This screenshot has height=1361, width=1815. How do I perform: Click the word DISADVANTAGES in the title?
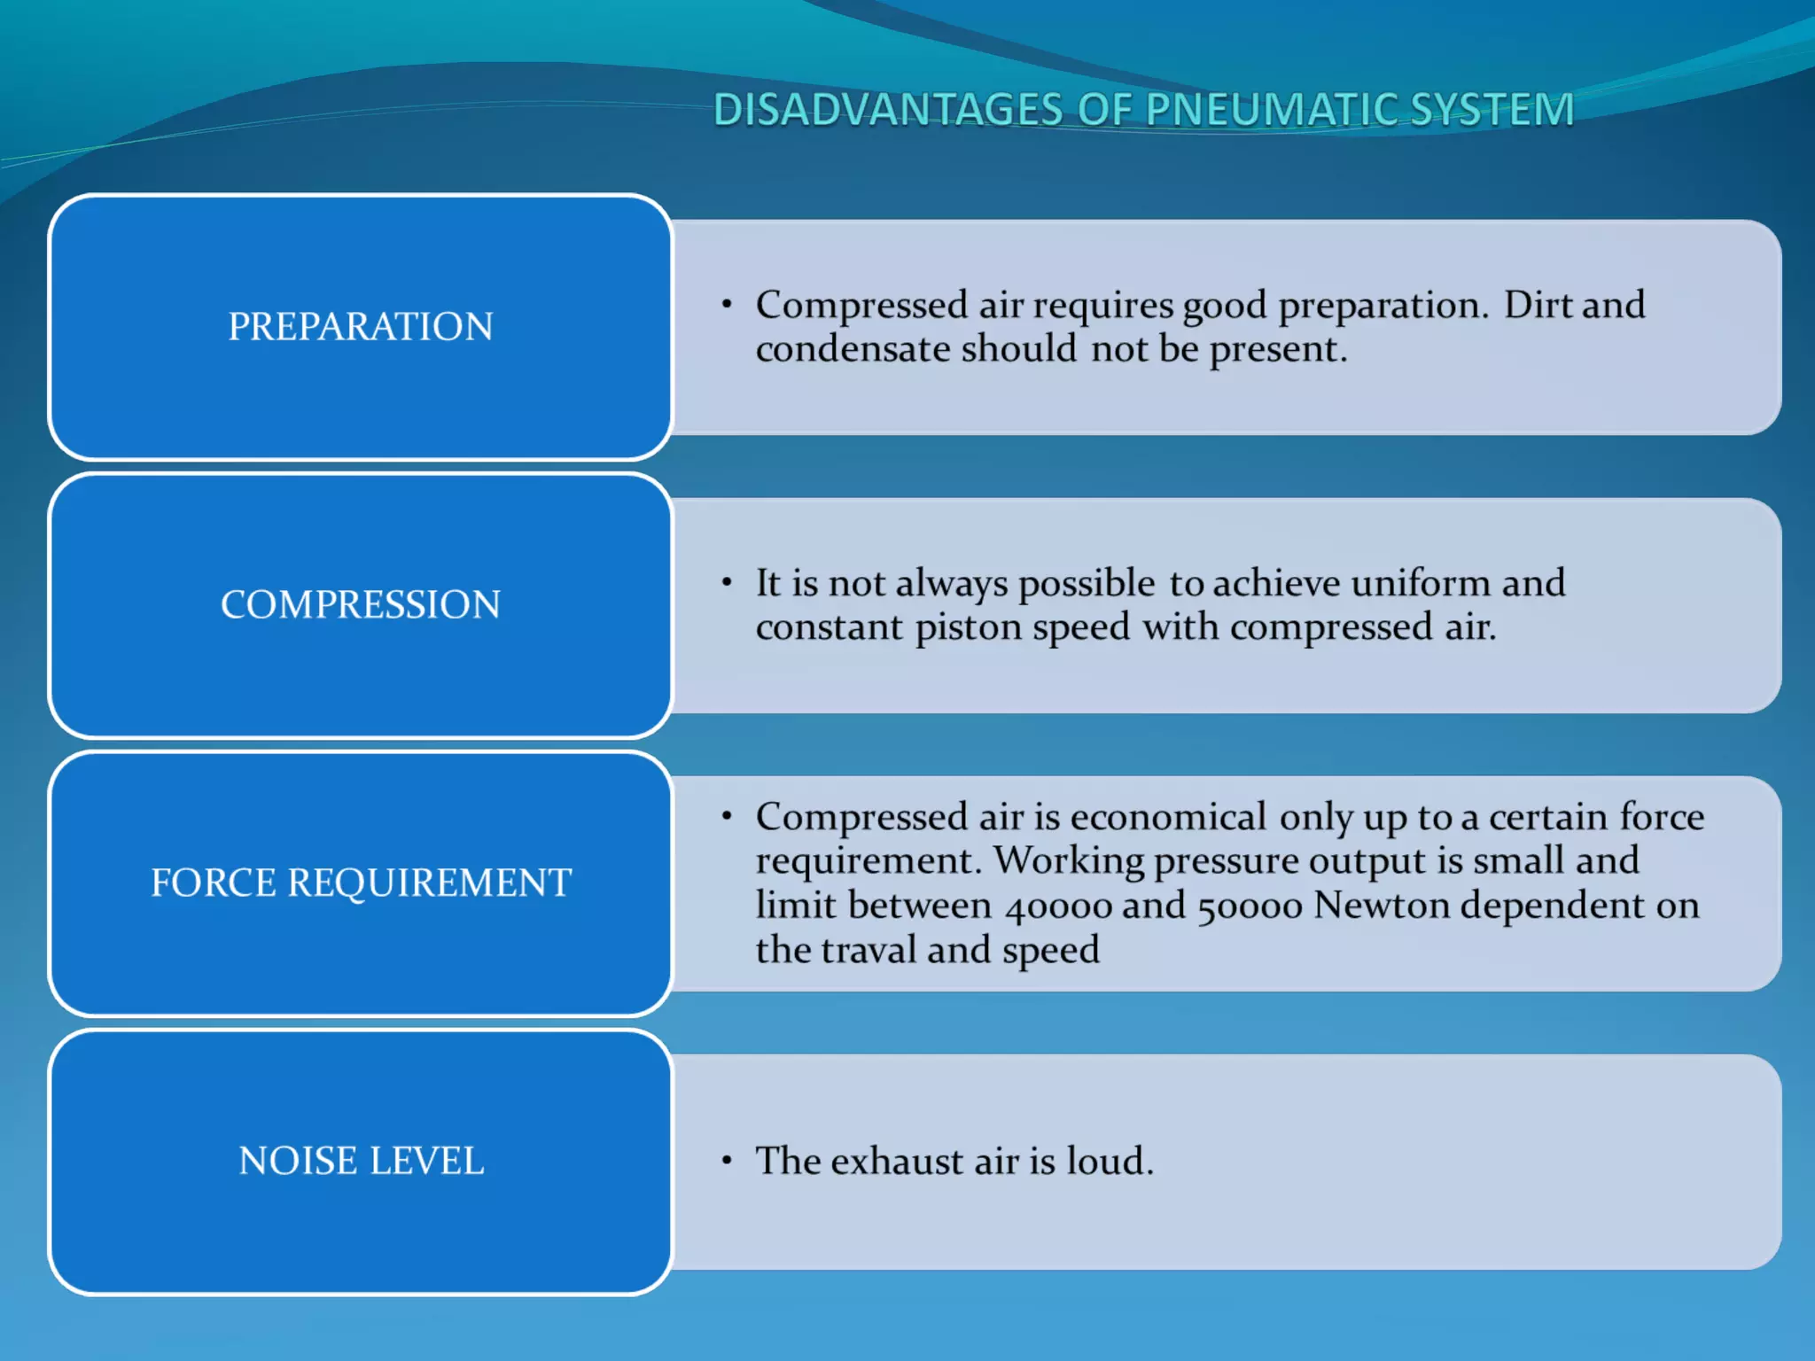pyautogui.click(x=887, y=111)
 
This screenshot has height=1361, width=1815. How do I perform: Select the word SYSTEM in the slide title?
pyautogui.click(x=1491, y=111)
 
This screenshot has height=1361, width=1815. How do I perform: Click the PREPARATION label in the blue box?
pyautogui.click(x=361, y=327)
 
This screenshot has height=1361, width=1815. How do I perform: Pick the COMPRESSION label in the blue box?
pyautogui.click(x=361, y=605)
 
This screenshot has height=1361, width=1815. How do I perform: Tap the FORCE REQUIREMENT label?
pyautogui.click(x=361, y=883)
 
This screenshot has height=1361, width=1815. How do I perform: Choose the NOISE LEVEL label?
pyautogui.click(x=361, y=1162)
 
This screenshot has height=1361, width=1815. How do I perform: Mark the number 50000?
pyautogui.click(x=1249, y=906)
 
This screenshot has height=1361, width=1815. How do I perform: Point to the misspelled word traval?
pyautogui.click(x=869, y=951)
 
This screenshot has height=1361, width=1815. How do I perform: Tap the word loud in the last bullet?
pyautogui.click(x=1109, y=1162)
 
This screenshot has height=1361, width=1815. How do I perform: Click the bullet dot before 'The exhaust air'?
pyautogui.click(x=727, y=1161)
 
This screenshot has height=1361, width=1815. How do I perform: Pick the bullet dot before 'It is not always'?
pyautogui.click(x=727, y=583)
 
